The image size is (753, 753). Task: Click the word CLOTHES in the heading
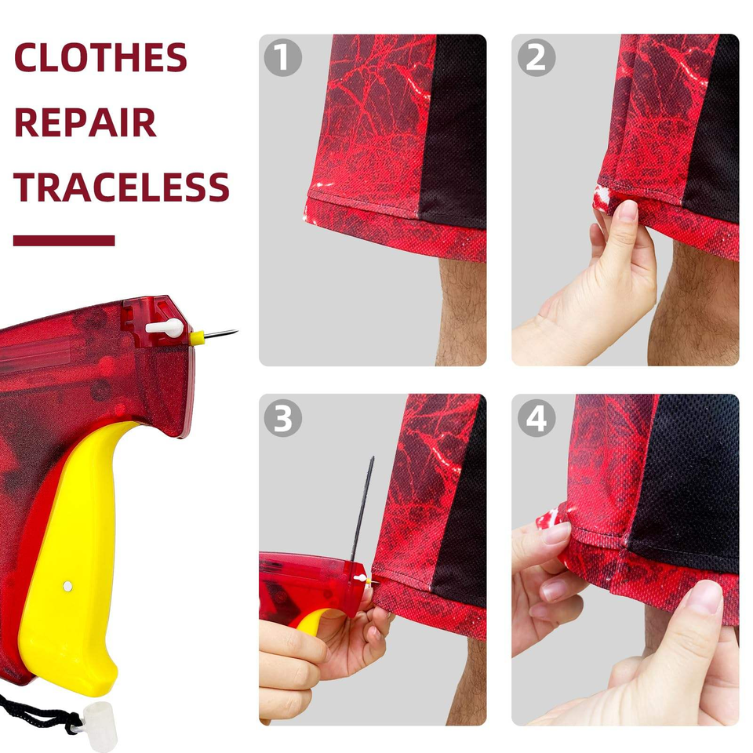point(100,57)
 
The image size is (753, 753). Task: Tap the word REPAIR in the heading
point(85,122)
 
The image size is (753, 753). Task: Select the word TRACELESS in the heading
point(122,187)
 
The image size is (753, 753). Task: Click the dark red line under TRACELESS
point(64,241)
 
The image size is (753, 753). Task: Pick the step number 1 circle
point(283,57)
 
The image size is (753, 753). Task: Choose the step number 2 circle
point(537,57)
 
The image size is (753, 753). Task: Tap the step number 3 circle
point(283,418)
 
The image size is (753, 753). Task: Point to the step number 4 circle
point(537,418)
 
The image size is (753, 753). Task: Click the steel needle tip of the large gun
point(236,331)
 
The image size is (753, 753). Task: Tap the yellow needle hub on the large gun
point(197,338)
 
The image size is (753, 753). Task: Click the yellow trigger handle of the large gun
point(72,557)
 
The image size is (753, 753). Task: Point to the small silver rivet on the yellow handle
point(67,586)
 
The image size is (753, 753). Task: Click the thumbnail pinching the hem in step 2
point(627,210)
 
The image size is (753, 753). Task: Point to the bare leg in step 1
point(462,311)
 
